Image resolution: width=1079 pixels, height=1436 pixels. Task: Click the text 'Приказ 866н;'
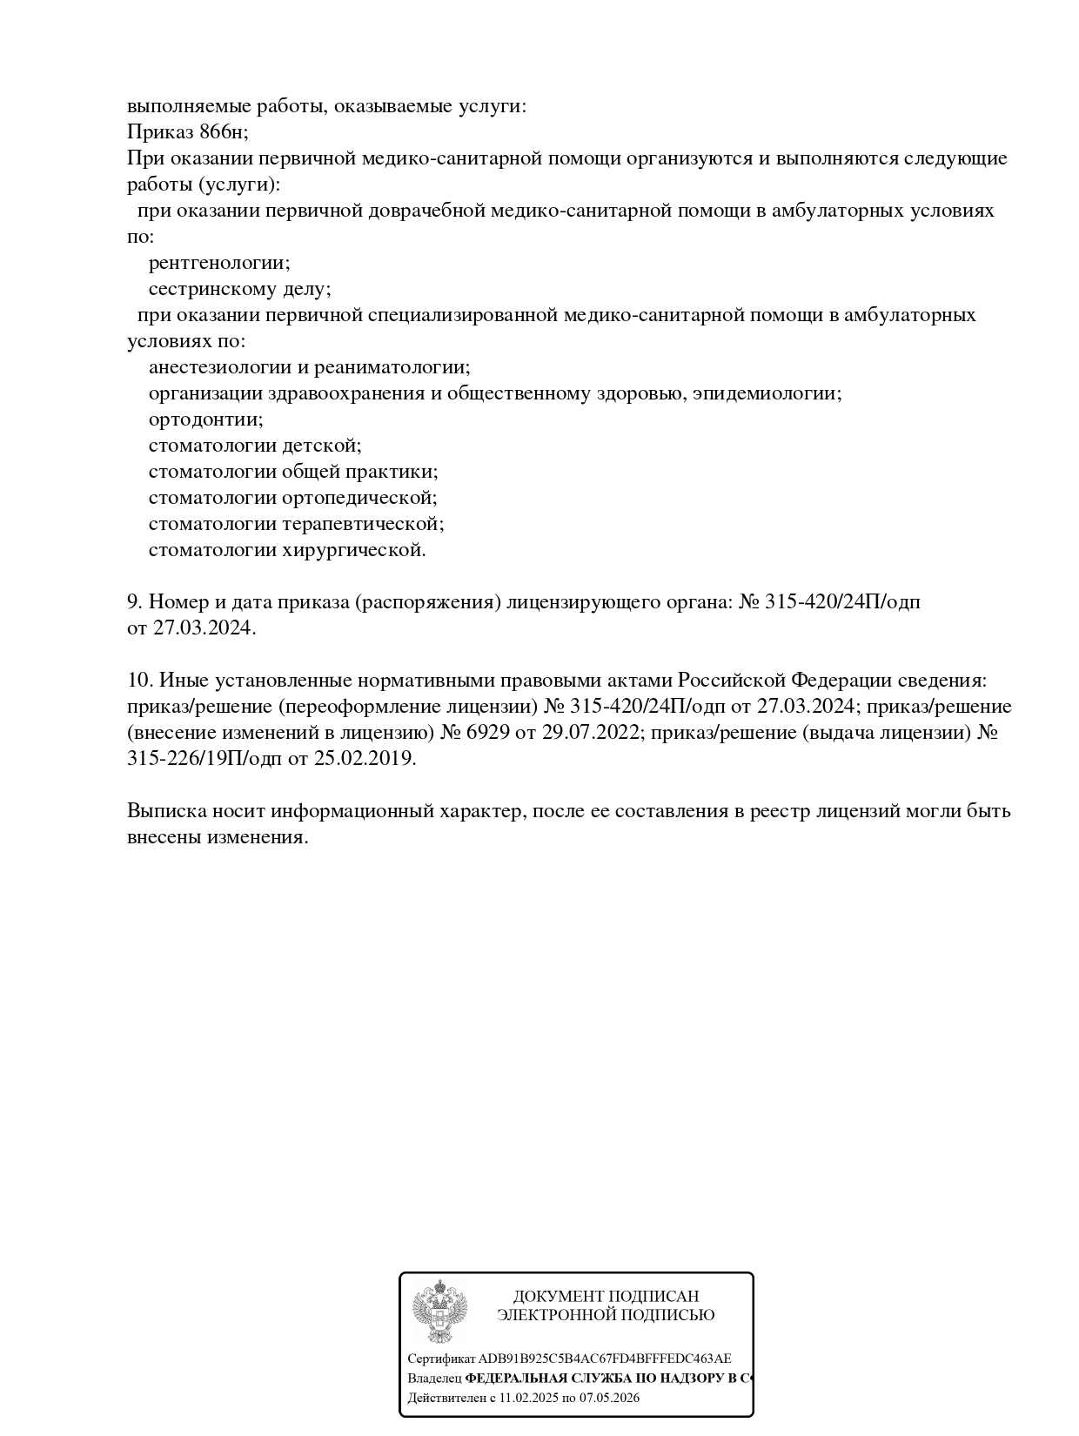click(188, 132)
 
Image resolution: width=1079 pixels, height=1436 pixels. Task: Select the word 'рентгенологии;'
click(219, 263)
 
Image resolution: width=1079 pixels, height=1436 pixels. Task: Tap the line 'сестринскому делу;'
click(239, 289)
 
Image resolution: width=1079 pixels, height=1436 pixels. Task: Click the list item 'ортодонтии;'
click(205, 419)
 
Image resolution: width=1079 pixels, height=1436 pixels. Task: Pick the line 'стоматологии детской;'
click(255, 446)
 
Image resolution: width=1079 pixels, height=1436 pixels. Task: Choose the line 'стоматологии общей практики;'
click(293, 472)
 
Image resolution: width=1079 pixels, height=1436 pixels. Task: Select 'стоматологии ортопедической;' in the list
click(292, 498)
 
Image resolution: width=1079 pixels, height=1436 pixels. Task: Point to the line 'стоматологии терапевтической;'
click(296, 524)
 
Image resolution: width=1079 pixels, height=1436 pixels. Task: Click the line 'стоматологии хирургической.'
click(287, 550)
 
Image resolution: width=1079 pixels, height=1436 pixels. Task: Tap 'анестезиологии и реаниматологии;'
click(309, 367)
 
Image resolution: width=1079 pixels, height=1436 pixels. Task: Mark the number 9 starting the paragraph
click(134, 602)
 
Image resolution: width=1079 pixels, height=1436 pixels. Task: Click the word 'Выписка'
click(166, 811)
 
